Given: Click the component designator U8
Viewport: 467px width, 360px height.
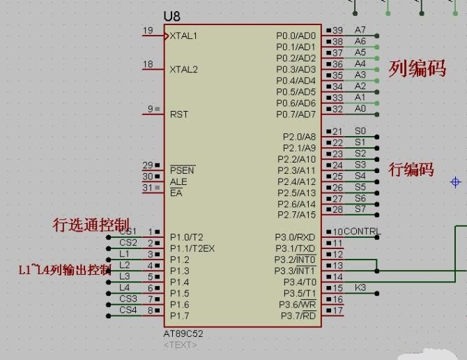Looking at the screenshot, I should pos(171,16).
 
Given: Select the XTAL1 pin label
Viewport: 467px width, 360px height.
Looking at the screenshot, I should pos(184,36).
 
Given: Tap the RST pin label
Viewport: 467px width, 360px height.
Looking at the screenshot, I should pos(178,114).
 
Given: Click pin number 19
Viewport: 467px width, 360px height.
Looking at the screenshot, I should pos(147,30).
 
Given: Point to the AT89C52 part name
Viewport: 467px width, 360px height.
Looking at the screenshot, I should pos(184,333).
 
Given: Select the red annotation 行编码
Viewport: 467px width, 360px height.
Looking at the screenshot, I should pos(411,170).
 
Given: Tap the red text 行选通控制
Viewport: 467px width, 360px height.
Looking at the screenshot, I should pos(91,225).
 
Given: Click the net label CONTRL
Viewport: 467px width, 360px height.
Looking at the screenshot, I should pos(362,232).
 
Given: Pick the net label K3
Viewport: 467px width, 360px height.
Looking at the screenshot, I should pos(360,287).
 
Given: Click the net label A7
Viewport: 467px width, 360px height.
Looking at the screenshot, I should pos(360,30).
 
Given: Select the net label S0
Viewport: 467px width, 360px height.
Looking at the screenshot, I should pos(360,130).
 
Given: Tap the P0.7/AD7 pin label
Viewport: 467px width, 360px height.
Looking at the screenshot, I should pos(296,114).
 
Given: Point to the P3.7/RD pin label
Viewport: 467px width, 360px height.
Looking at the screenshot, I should pos(298,316).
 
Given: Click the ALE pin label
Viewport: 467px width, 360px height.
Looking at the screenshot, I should pos(178,181).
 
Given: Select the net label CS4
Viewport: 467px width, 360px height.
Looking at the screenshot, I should pos(128,310).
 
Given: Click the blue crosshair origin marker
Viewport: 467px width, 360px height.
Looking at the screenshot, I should pos(456,182).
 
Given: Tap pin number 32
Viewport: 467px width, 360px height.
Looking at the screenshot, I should pos(337,109).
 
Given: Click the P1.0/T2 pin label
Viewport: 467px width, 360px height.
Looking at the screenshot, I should pos(187,237).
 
